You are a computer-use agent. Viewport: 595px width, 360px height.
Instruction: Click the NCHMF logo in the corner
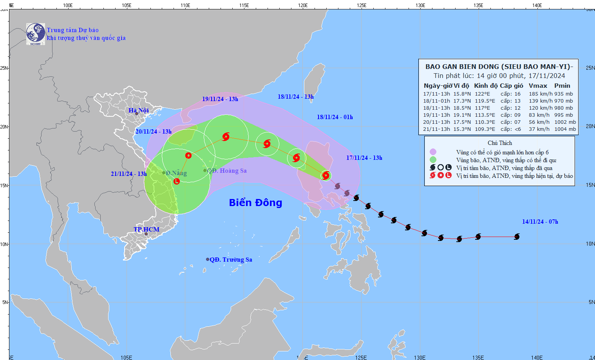coord(35,34)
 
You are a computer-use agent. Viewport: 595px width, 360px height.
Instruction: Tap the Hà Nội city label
coord(139,110)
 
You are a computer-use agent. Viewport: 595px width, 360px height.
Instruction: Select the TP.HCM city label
coord(146,230)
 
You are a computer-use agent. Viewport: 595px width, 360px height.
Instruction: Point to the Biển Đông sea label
coord(255,203)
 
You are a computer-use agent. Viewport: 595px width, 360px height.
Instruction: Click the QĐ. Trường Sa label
coord(231,260)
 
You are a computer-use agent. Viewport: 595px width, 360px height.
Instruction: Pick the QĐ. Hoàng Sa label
coord(227,171)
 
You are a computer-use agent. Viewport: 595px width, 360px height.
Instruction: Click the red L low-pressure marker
coord(177,181)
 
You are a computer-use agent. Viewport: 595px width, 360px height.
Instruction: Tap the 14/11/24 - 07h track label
coord(540,222)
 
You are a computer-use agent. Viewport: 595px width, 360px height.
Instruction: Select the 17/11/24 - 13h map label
coord(364,158)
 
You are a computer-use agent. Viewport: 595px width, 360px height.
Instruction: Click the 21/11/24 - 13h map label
coord(128,174)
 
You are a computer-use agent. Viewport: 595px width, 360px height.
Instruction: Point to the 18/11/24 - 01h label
coord(335,117)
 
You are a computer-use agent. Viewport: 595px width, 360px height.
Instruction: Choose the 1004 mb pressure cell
coord(565,129)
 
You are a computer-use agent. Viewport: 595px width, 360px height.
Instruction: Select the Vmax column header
coord(538,86)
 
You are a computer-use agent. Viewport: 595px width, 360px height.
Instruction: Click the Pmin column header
coord(562,86)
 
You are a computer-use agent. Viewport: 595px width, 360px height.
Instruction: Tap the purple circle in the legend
coord(433,152)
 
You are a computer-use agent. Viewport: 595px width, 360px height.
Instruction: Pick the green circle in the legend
coord(433,160)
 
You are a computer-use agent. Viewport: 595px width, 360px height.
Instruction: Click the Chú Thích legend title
coord(499,143)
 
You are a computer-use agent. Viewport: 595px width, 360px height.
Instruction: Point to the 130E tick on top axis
coord(420,5)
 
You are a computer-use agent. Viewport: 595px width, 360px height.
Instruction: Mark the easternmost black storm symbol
coord(517,237)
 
